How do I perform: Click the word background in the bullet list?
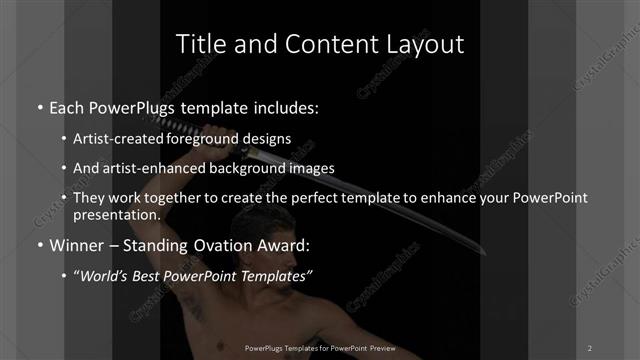tap(248, 169)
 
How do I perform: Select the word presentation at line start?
tap(117, 215)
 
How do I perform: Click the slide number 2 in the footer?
tap(590, 347)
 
